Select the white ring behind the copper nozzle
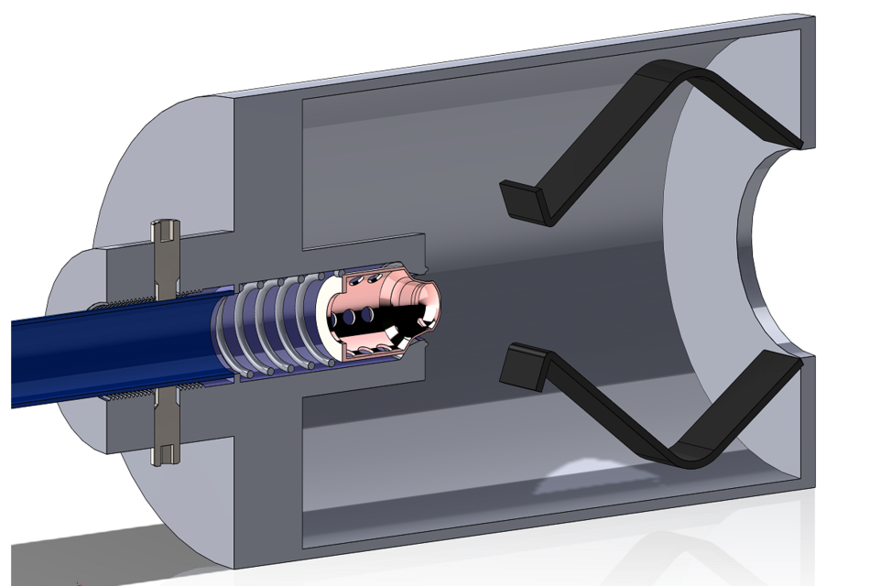[x=324, y=316]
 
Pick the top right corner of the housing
[x=806, y=20]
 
